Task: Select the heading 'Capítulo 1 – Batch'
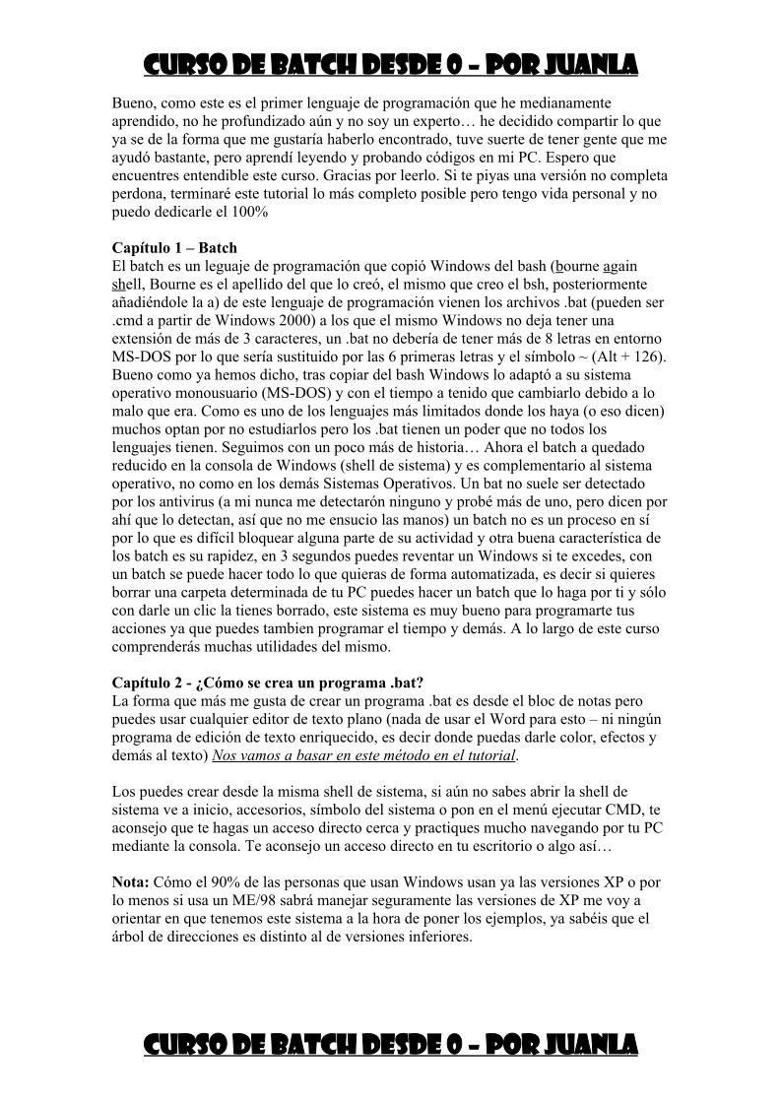[174, 247]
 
